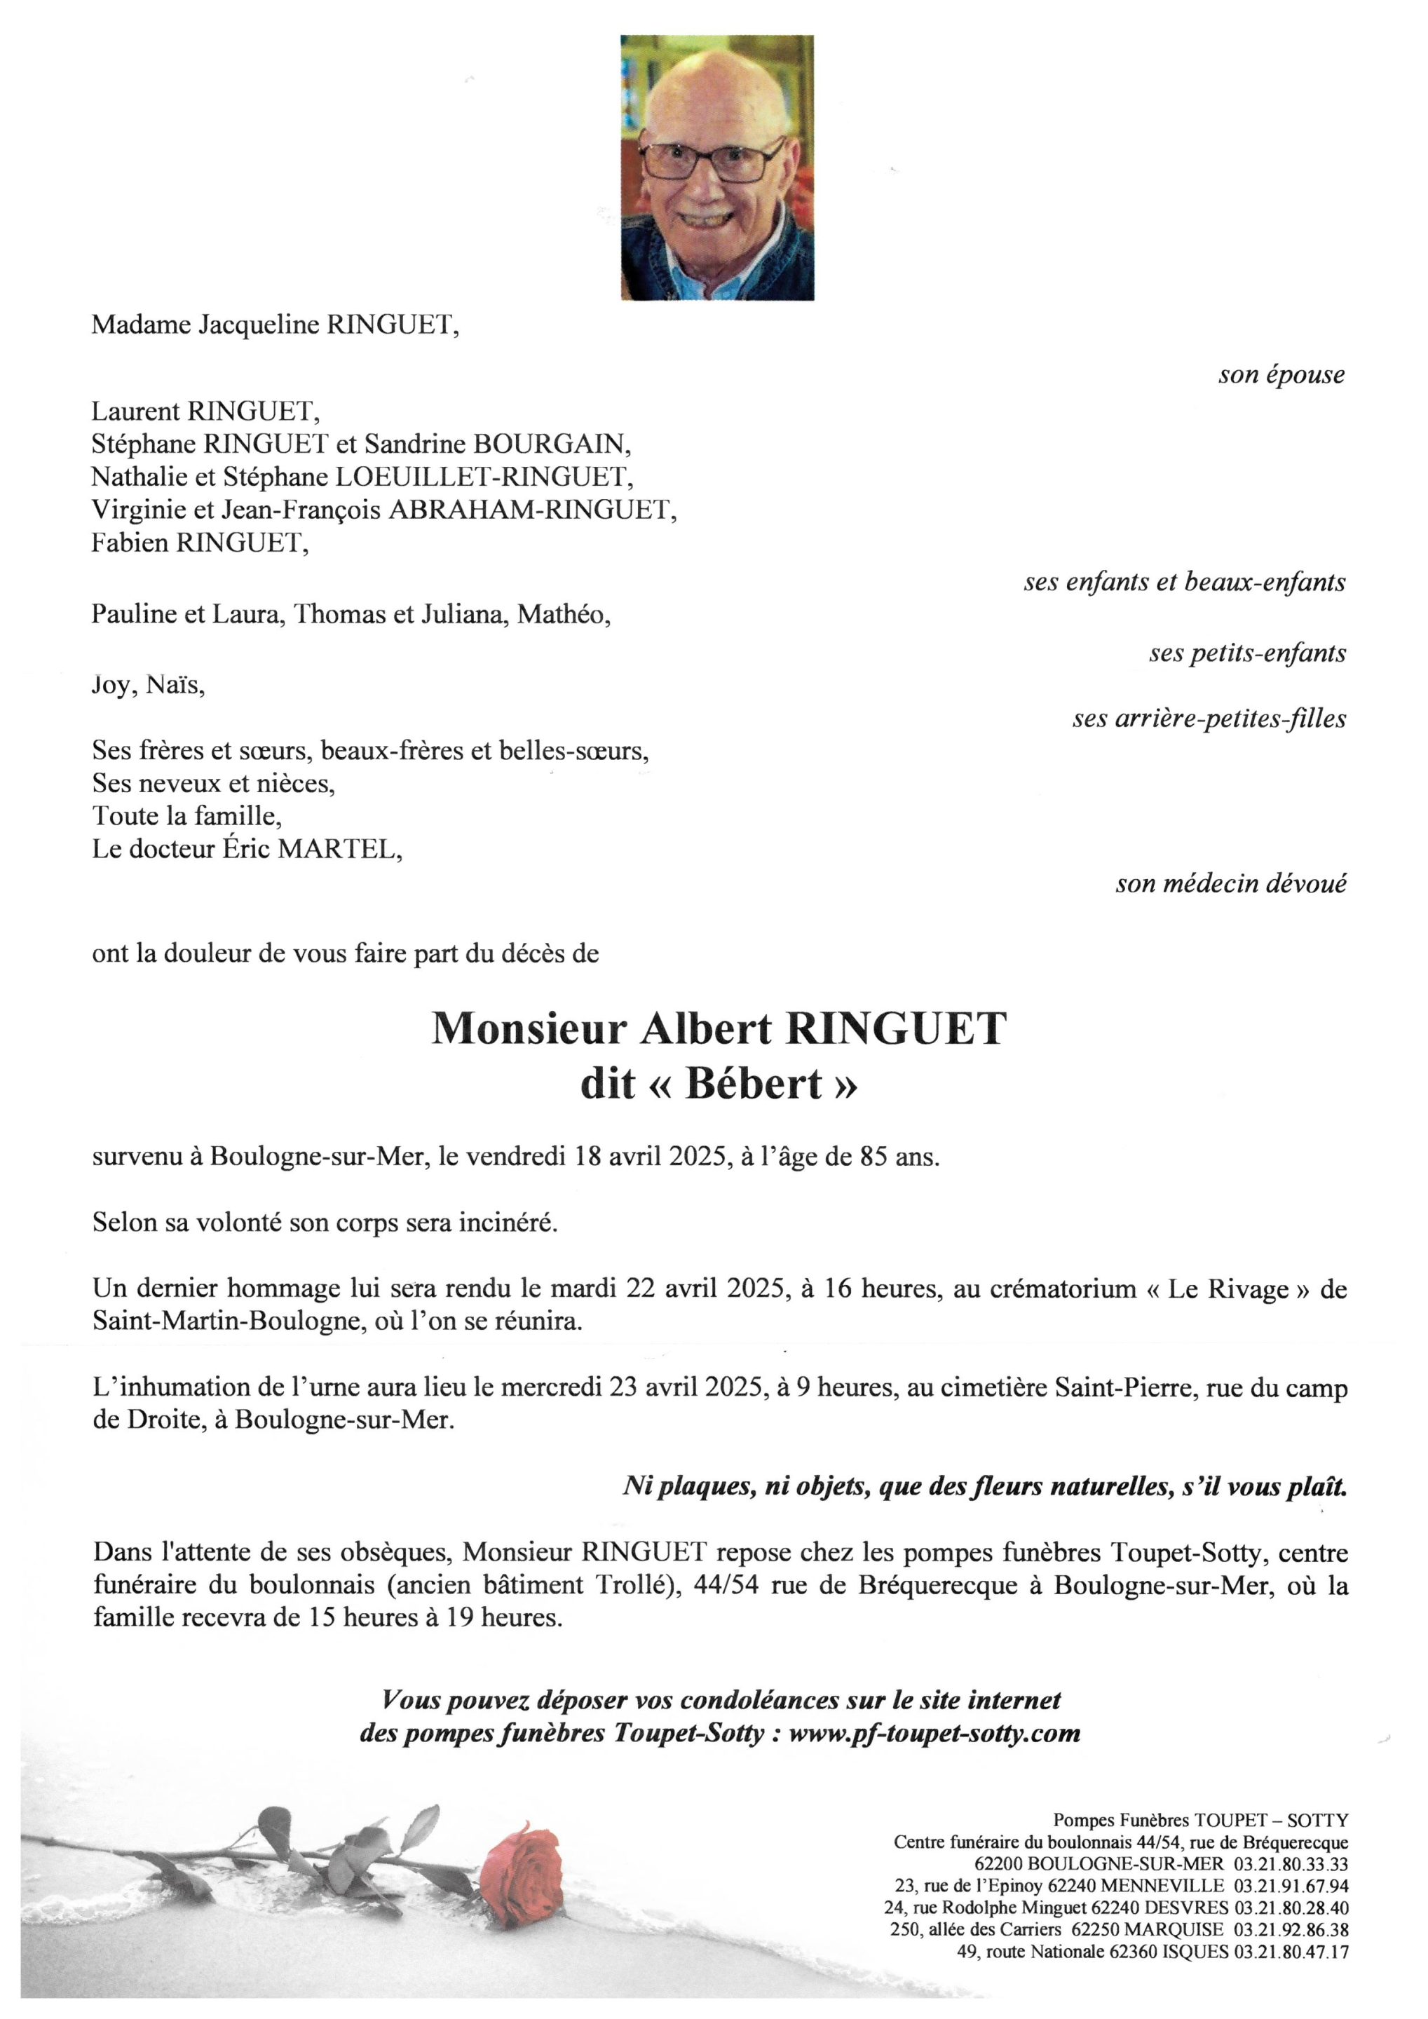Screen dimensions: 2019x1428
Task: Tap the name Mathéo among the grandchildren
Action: pos(563,614)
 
